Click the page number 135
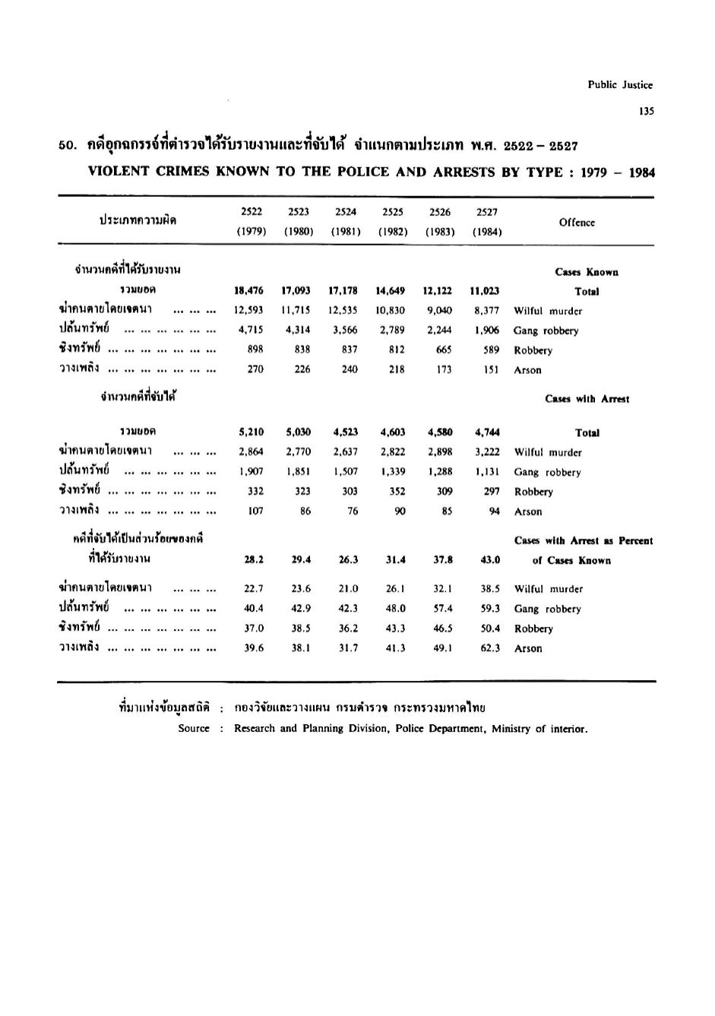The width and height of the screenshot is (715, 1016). tap(647, 111)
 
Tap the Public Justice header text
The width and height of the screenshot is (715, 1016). tap(620, 85)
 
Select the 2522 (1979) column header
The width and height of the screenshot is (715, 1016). tap(252, 222)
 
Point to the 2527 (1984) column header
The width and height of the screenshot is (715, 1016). tap(486, 222)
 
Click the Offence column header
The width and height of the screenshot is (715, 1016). tap(577, 223)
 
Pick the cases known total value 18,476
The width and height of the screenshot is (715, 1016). tap(251, 291)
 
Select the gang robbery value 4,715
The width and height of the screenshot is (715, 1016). tap(251, 331)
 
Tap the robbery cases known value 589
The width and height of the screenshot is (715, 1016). tap(491, 350)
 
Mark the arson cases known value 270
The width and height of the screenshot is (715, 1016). tap(255, 370)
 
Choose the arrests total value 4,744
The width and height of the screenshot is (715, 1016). tap(487, 432)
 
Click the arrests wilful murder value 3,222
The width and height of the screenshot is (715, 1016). tap(487, 452)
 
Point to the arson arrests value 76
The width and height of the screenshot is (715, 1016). tap(353, 511)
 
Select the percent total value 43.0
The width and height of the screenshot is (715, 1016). tap(490, 559)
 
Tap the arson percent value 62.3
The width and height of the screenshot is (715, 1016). tap(490, 648)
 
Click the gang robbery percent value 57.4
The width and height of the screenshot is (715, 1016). tap(443, 609)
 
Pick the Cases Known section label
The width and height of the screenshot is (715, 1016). tap(587, 272)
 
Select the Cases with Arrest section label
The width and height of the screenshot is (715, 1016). tap(587, 398)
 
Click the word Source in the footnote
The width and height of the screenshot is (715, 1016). tap(194, 729)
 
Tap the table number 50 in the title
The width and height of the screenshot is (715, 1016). tap(65, 146)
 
